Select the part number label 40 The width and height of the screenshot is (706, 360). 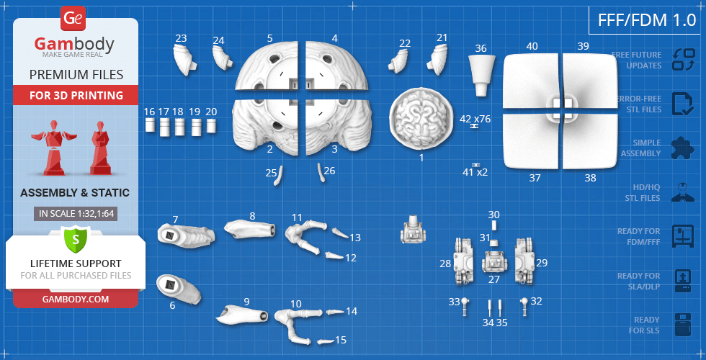[532, 46]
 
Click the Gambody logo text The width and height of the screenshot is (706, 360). [74, 45]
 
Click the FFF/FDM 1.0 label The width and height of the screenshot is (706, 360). [646, 20]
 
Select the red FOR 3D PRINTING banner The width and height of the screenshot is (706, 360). [75, 95]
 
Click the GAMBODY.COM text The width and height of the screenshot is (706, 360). [75, 298]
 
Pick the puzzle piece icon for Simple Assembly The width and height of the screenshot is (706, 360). [682, 148]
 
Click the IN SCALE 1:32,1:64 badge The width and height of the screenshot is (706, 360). [75, 214]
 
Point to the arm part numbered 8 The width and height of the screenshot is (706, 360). [250, 229]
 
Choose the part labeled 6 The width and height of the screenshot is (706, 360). [176, 287]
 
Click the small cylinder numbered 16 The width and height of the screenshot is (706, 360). [150, 125]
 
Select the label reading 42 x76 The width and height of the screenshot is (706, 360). [475, 118]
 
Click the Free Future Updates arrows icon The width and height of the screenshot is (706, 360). [682, 60]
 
